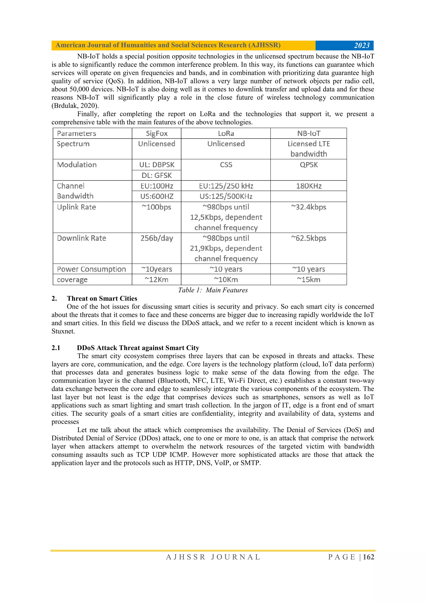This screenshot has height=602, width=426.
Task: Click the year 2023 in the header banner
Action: [x=362, y=45]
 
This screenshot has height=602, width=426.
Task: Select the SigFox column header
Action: [x=157, y=133]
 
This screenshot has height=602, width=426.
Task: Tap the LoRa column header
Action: [x=226, y=133]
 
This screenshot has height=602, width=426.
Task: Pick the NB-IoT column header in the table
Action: [x=308, y=133]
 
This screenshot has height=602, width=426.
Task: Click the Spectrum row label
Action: [x=73, y=144]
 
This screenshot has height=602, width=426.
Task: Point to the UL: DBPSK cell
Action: [x=157, y=165]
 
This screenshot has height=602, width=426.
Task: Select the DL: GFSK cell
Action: [x=157, y=175]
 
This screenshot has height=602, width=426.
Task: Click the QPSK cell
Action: [x=308, y=165]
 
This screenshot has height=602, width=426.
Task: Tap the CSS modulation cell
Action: [x=226, y=165]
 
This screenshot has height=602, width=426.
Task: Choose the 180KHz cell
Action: [x=308, y=186]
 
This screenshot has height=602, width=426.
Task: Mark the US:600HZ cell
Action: [x=157, y=196]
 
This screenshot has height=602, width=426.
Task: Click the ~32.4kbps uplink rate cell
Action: [x=308, y=207]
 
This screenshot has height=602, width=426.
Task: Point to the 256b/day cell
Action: [x=157, y=238]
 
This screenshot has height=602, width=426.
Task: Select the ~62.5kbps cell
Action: [x=308, y=238]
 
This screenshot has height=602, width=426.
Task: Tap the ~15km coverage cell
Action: [x=308, y=280]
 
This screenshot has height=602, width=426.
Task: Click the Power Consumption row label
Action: [x=91, y=269]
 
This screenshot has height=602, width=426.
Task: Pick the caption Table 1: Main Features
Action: [x=213, y=290]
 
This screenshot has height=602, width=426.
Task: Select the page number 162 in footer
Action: [x=368, y=557]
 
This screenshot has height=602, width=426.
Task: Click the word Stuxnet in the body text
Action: [x=63, y=331]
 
